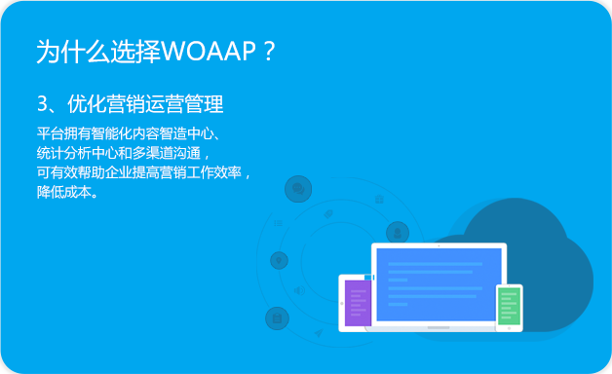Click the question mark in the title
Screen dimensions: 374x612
[x=270, y=52]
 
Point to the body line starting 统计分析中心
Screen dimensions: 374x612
[x=121, y=153]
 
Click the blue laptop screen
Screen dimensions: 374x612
[x=439, y=282]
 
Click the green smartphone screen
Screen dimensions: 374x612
[x=509, y=305]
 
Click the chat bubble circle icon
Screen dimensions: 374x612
[x=298, y=188]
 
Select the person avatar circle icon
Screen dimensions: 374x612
[x=397, y=232]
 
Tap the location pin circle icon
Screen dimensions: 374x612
[x=279, y=260]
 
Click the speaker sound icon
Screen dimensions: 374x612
[x=299, y=290]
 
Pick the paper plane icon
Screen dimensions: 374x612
[x=318, y=333]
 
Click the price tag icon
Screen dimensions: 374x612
[x=328, y=213]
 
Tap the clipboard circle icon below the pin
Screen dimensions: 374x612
[x=278, y=318]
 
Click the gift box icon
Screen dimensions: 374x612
[x=379, y=200]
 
